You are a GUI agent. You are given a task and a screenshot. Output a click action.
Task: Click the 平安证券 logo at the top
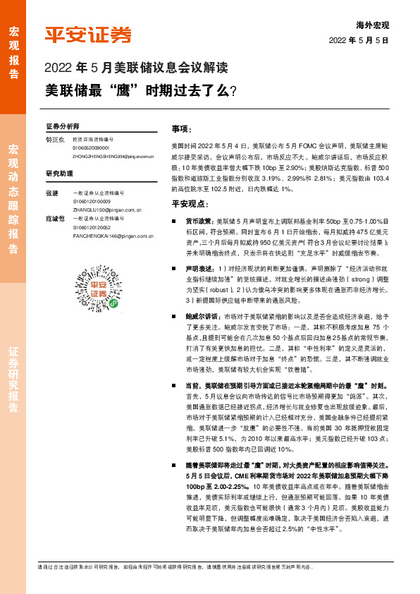[x=88, y=35]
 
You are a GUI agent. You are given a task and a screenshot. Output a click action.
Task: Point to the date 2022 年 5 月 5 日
[x=359, y=40]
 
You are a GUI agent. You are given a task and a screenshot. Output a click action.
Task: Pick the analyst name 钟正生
[x=55, y=140]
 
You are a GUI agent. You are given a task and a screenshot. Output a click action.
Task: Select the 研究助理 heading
[x=59, y=173]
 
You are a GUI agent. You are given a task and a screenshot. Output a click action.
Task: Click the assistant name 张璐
[x=51, y=193]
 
